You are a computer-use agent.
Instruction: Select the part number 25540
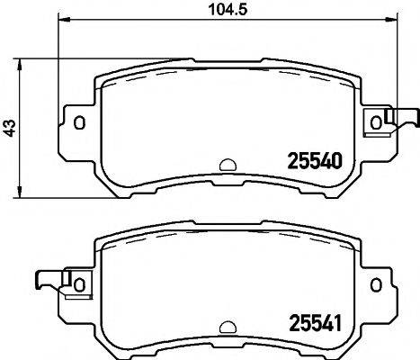(314, 163)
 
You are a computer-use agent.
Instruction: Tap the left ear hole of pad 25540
(79, 123)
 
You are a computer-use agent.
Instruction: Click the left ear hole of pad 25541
(79, 283)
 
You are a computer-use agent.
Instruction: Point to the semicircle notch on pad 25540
(228, 166)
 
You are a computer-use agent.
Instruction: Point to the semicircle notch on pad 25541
(228, 326)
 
